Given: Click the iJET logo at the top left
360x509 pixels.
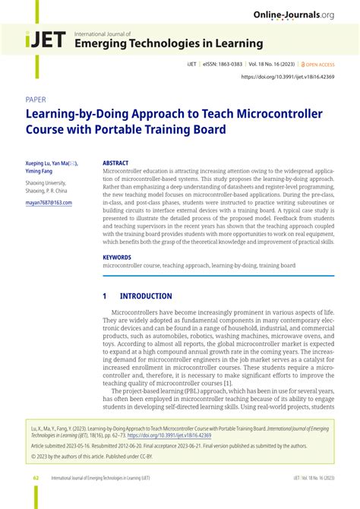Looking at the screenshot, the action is tap(46, 41).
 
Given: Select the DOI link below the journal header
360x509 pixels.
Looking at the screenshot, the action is tap(288, 77).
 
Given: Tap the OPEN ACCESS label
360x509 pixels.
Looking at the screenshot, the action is tap(321, 65).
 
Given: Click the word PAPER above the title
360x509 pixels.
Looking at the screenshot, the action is tap(36, 100).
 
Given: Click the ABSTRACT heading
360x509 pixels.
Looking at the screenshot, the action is tap(115, 163).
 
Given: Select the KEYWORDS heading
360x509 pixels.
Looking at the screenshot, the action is tap(117, 258).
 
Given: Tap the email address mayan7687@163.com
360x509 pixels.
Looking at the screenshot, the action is tap(49, 203).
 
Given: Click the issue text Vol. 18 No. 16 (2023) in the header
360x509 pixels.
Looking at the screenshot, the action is tap(275, 65).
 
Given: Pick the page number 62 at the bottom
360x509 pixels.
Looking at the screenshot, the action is tap(36, 478).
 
